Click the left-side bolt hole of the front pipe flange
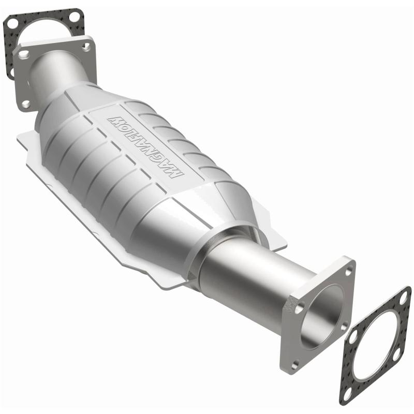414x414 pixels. click(299, 309)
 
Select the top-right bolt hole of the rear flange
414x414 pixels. click(86, 47)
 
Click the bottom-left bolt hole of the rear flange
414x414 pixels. click(25, 103)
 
